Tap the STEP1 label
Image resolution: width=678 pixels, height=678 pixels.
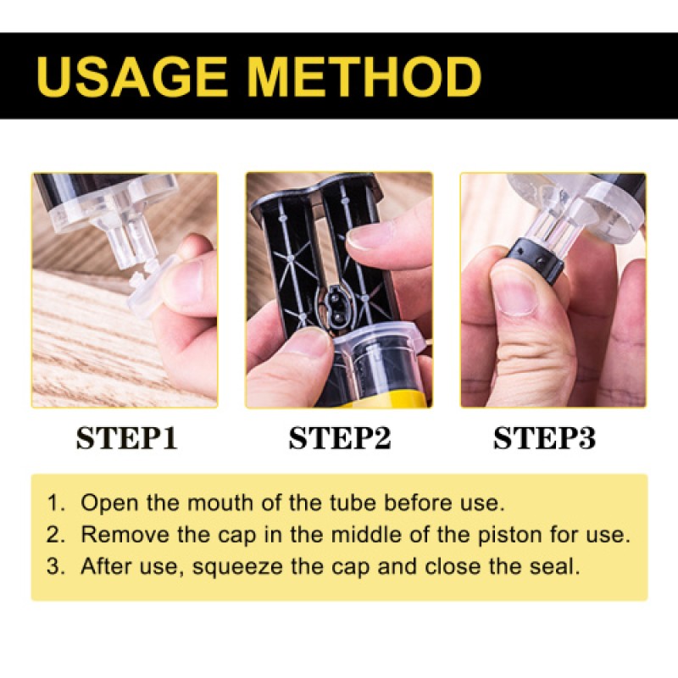(126, 438)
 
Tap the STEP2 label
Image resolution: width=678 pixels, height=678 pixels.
(339, 438)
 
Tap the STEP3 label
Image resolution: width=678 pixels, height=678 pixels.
(545, 438)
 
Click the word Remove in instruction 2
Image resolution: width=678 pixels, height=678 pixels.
(112, 535)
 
